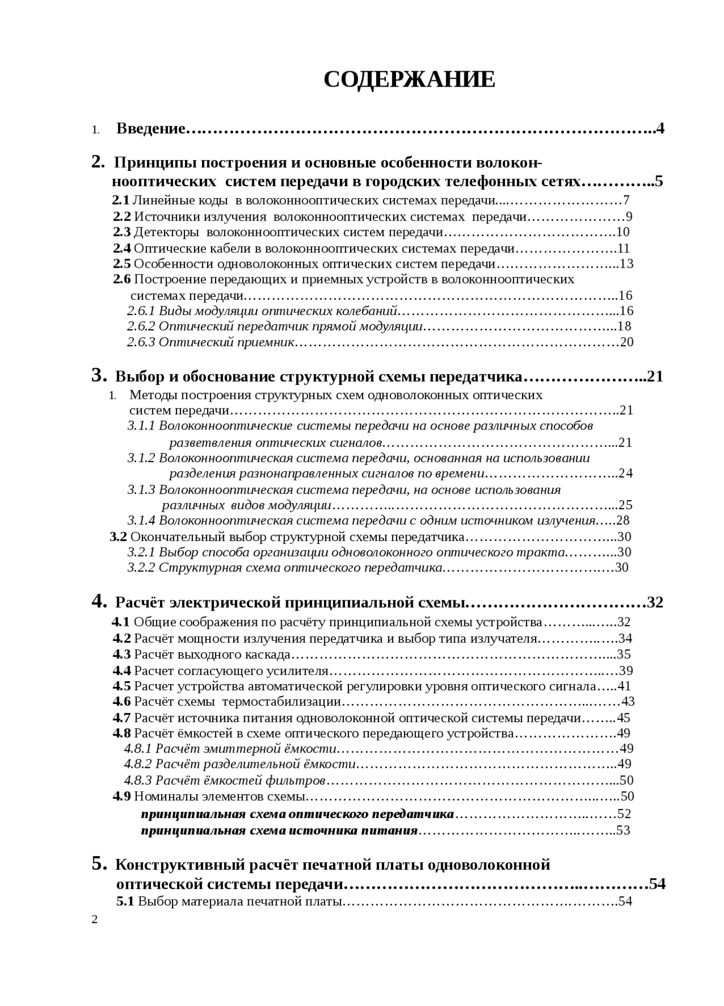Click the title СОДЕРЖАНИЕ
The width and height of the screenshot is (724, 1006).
[409, 80]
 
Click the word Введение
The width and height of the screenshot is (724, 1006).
[150, 129]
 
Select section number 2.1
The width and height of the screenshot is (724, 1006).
[120, 200]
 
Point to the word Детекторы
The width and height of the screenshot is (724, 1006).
[166, 232]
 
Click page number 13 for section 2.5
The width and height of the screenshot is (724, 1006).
[627, 264]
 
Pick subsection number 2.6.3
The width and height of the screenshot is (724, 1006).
[141, 342]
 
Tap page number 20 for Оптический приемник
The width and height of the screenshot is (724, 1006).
[627, 342]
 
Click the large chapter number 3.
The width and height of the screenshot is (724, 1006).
[99, 376]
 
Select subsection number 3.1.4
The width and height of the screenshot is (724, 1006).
[141, 521]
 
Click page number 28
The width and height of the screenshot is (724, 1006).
[623, 521]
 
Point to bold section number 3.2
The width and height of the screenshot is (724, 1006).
[118, 537]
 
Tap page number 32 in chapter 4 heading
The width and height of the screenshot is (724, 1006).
[655, 603]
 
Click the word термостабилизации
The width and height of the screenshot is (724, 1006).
[282, 702]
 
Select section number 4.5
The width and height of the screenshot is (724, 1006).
[122, 687]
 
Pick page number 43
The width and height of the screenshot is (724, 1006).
[628, 702]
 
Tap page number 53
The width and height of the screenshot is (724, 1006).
[623, 831]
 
